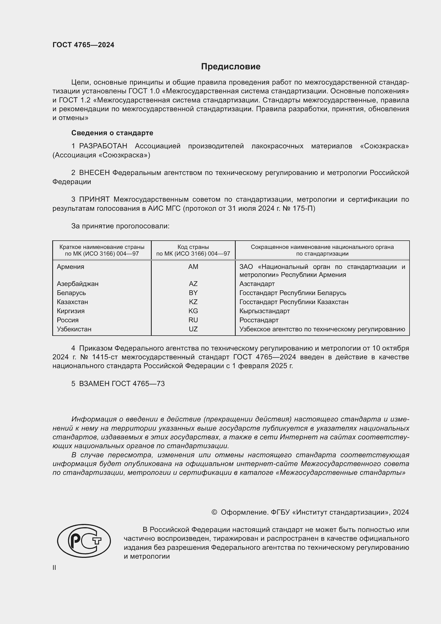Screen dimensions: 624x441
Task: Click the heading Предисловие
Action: [x=231, y=67]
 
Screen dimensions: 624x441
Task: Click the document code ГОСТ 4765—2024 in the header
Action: [x=83, y=45]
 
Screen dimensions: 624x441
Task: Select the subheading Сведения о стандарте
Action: [x=112, y=133]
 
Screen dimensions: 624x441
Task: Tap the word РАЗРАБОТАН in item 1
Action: [x=103, y=146]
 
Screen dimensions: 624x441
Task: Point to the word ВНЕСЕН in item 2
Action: [x=94, y=173]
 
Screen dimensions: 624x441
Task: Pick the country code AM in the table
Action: [x=193, y=267]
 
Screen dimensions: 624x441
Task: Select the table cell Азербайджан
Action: [x=78, y=284]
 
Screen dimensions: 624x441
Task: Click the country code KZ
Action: [x=193, y=302]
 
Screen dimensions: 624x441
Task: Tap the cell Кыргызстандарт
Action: [x=264, y=311]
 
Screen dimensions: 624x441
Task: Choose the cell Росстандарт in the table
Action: [x=259, y=320]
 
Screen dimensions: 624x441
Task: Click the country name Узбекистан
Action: [x=74, y=329]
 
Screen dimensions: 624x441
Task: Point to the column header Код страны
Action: [x=193, y=247]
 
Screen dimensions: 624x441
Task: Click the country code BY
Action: [x=193, y=293]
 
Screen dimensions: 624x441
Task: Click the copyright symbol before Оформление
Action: [x=214, y=512]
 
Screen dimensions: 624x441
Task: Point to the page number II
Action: [x=54, y=567]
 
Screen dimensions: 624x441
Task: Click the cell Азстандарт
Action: [x=257, y=284]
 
